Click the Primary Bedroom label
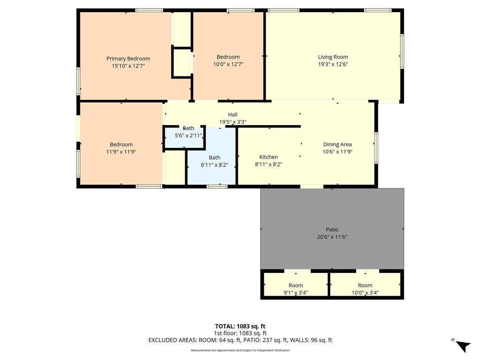point(128,59)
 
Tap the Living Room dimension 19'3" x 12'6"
point(333,65)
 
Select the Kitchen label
point(269,157)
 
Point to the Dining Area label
point(337,144)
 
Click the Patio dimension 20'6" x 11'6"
point(332,237)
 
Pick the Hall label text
point(232,114)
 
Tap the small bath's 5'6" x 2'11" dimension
point(188,135)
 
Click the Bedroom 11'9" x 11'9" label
point(121,144)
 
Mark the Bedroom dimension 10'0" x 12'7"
point(228,65)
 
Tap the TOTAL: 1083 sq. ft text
point(240,326)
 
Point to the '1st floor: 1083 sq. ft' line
point(240,333)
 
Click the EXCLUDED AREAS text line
point(240,340)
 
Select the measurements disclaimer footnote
point(240,350)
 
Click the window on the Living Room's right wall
point(401,51)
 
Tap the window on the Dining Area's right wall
point(376,148)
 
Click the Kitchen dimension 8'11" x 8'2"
point(269,165)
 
